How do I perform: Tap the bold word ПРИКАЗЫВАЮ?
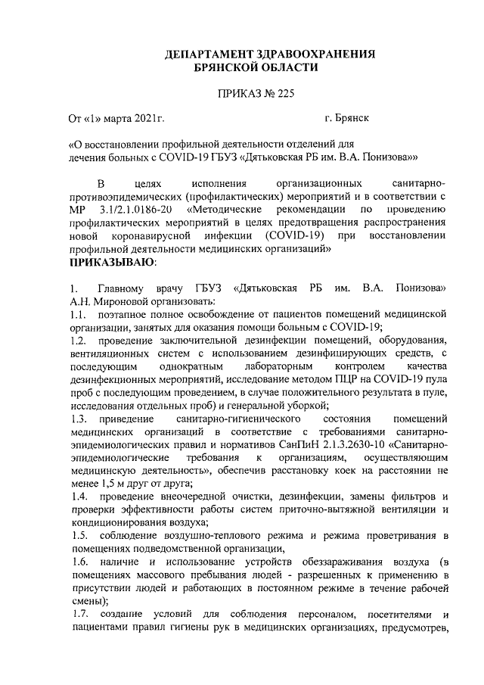tap(113, 263)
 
